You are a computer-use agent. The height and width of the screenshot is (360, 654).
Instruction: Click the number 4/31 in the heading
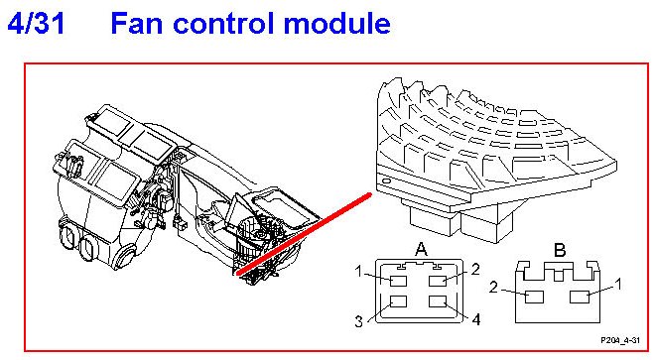[x=37, y=23]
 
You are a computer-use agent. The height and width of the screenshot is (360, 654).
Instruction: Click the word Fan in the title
[x=136, y=23]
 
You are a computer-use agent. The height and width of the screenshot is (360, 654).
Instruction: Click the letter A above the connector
[x=421, y=249]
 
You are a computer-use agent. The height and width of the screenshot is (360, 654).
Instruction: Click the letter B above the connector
[x=560, y=250]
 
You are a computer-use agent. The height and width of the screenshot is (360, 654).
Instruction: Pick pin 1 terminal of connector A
[x=398, y=281]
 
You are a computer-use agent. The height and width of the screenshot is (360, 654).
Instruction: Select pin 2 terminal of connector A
[x=438, y=281]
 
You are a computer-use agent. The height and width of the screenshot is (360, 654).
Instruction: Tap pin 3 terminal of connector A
[x=398, y=301]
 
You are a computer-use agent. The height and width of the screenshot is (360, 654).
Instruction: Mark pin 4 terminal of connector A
[x=438, y=301]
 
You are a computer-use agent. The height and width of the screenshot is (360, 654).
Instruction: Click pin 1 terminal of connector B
[x=580, y=297]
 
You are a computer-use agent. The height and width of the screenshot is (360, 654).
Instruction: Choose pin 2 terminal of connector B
[x=534, y=297]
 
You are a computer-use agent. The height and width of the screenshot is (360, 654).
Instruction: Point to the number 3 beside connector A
[x=358, y=321]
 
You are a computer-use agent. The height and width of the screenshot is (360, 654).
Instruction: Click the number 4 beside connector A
[x=476, y=319]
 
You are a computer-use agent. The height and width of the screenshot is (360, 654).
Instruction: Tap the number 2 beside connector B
[x=493, y=287]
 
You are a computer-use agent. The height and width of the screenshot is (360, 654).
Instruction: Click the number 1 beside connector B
[x=618, y=285]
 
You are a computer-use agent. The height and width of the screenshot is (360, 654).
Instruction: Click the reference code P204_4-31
[x=620, y=340]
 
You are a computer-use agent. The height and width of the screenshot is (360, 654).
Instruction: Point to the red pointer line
[x=304, y=234]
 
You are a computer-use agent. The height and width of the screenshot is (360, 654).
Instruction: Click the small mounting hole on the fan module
[x=386, y=181]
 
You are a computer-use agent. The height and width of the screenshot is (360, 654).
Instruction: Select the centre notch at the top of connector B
[x=560, y=275]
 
